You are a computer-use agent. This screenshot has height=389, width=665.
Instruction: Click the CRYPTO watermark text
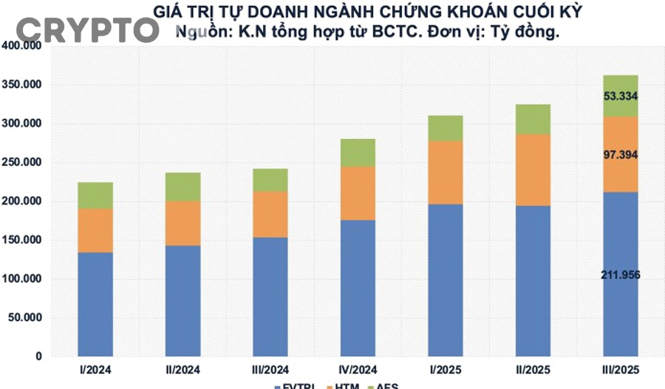87,30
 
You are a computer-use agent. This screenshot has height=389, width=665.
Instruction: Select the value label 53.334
621,96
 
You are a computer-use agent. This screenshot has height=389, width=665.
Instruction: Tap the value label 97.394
621,155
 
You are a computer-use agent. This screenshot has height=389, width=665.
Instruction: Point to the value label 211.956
621,275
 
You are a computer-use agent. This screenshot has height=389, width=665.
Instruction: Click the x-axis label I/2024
95,369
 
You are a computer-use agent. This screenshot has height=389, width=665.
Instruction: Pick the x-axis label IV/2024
358,369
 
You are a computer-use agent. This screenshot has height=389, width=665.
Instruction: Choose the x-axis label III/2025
621,369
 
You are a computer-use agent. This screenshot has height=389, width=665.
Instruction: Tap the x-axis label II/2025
533,369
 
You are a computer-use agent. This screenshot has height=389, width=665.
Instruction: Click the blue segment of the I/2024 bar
95,304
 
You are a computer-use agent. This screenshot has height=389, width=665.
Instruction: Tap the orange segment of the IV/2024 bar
358,193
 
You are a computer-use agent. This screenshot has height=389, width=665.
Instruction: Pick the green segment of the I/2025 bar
446,128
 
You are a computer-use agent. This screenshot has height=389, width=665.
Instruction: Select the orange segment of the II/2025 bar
533,169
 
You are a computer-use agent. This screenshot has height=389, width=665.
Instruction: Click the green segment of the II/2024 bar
183,187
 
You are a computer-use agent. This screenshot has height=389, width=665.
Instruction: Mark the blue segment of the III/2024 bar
270,297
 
